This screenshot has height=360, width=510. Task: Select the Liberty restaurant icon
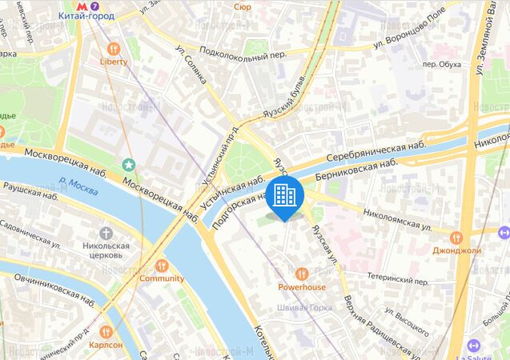tap(113, 48)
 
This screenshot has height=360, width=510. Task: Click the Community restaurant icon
tap(161, 265)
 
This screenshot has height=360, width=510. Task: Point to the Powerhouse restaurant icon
tap(302, 274)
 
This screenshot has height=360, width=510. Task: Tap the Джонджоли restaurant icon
tap(456, 237)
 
